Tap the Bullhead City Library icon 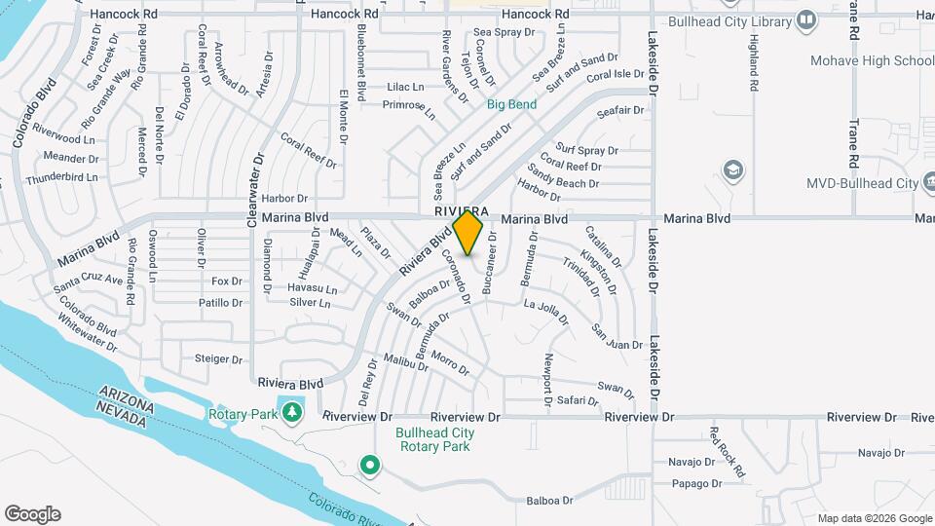(x=806, y=19)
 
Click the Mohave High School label (x=872, y=60)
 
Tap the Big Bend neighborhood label (x=511, y=103)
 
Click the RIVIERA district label (x=462, y=211)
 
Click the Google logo (x=32, y=514)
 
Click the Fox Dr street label (x=226, y=281)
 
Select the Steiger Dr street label (x=217, y=358)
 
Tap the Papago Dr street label (x=696, y=483)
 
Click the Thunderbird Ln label (x=62, y=178)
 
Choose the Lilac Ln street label (x=406, y=87)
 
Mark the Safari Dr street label (x=578, y=399)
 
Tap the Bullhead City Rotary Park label (x=435, y=439)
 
